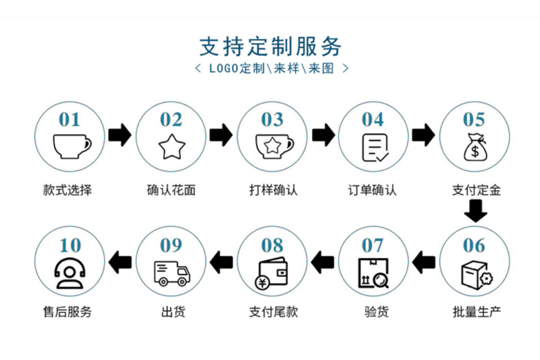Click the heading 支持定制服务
point(270,46)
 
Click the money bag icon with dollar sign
point(475,147)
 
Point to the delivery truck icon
point(172,273)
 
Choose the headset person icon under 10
point(70,274)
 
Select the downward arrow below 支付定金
point(476,211)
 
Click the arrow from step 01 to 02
point(120,135)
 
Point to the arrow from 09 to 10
point(120,262)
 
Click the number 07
point(373,245)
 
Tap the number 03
point(272,120)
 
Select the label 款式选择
point(67,190)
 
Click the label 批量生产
point(477,312)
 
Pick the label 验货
point(376,312)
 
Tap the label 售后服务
point(67,312)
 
